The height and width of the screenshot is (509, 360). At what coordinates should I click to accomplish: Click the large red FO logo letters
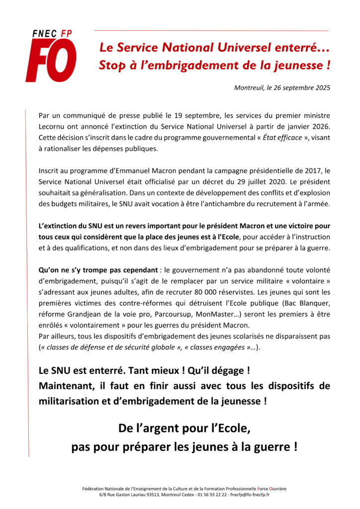51,62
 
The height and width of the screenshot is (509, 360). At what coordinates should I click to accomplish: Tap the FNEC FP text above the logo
52,33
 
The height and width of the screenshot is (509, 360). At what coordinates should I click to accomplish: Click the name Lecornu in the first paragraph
53,126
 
